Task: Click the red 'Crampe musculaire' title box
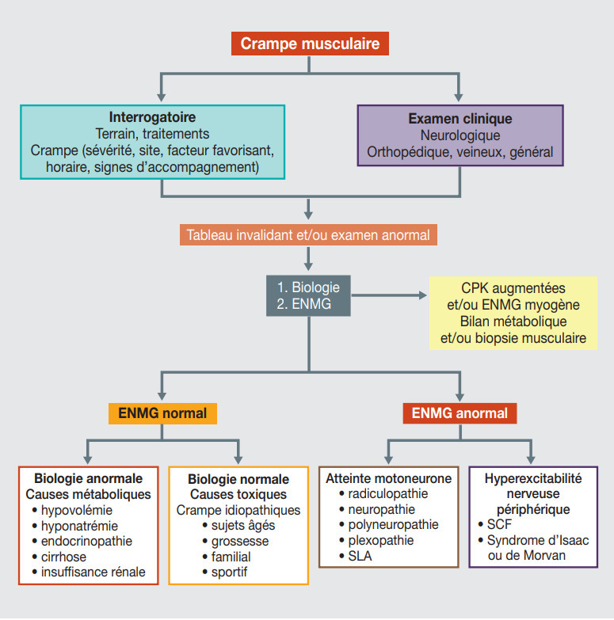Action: [310, 43]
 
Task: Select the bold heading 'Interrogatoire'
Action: [152, 117]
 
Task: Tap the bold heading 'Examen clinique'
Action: [460, 119]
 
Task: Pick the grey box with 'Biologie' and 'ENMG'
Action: [307, 295]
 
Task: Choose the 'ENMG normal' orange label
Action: [162, 413]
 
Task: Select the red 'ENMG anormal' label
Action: [460, 413]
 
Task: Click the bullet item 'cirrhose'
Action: [67, 556]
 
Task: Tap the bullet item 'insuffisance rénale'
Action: [93, 572]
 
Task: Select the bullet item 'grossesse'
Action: [240, 541]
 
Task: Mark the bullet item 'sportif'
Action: [230, 572]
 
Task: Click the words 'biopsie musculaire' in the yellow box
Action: [532, 338]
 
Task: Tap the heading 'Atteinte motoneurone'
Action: [389, 478]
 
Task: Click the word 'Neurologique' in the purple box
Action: [460, 135]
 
